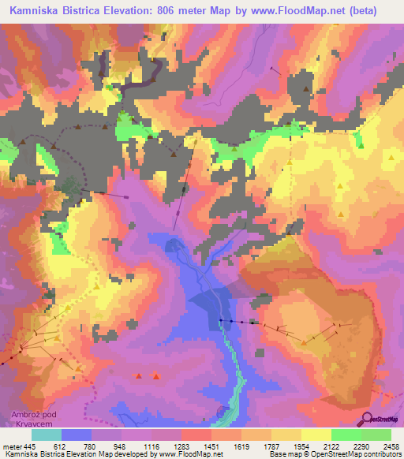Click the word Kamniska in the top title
(x=39, y=11)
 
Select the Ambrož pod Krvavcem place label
(x=32, y=419)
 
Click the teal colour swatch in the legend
(x=47, y=434)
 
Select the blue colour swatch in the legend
(x=77, y=434)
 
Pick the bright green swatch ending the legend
(x=376, y=434)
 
